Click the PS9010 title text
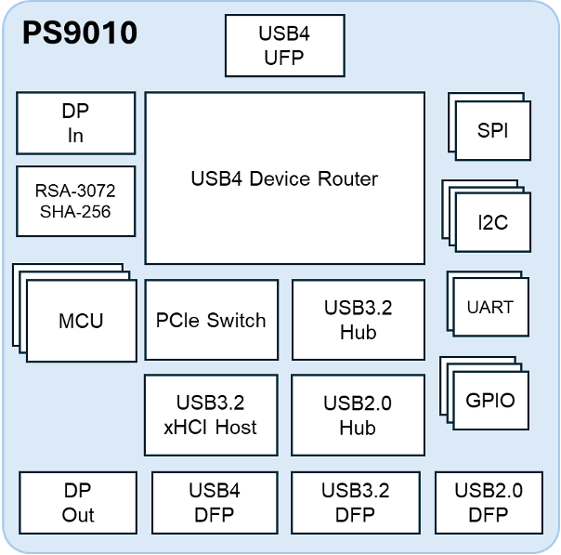(x=80, y=34)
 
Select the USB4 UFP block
(x=284, y=46)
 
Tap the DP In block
(x=76, y=123)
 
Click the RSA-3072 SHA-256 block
(x=76, y=201)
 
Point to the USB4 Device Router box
(x=284, y=178)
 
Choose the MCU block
(x=81, y=322)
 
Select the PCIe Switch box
(x=211, y=321)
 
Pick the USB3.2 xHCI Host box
(x=211, y=415)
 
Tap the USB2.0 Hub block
(x=358, y=415)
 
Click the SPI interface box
(x=492, y=131)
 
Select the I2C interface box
(x=492, y=223)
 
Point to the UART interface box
(x=490, y=307)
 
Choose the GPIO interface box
(x=489, y=401)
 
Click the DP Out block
(x=78, y=502)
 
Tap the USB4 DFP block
(x=215, y=502)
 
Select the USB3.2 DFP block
(x=355, y=502)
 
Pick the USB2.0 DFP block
(x=489, y=502)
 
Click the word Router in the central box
(x=346, y=178)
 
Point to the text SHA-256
(x=76, y=212)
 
